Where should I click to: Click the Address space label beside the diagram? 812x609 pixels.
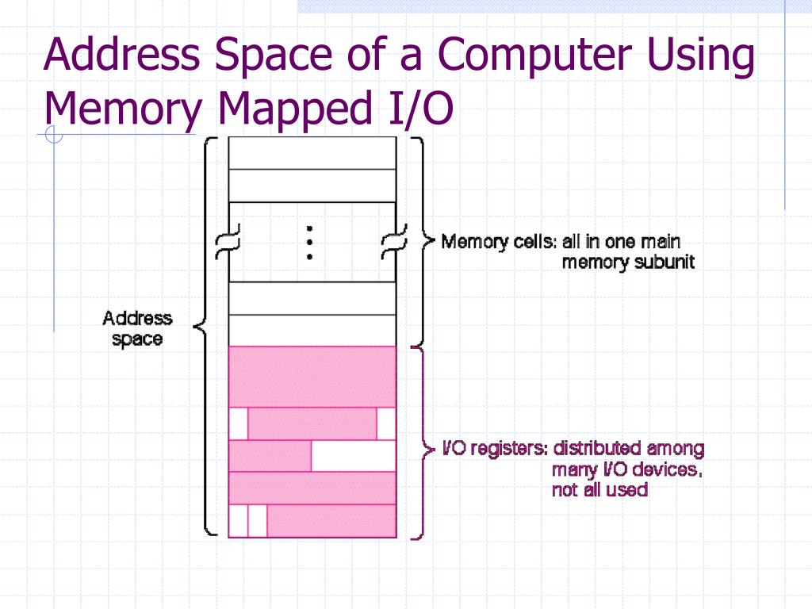(137, 328)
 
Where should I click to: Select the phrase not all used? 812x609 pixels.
(599, 489)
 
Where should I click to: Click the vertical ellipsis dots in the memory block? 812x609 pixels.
(310, 242)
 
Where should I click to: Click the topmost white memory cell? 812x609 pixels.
(312, 153)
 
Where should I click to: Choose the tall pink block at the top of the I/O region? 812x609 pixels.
(312, 377)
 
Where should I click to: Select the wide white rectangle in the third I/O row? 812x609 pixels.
(353, 456)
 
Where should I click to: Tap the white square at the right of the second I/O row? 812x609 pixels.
(386, 423)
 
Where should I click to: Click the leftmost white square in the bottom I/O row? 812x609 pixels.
(238, 521)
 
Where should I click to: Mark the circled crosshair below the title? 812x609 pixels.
(54, 136)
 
